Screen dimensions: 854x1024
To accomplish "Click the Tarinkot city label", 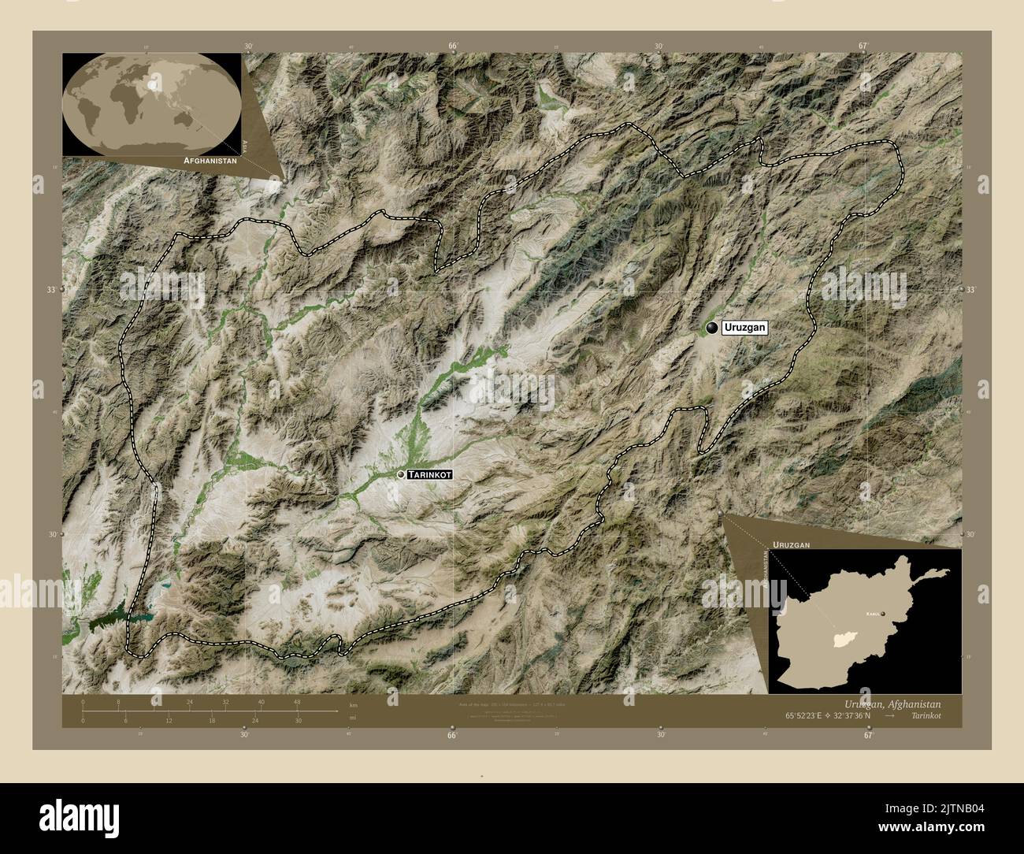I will click(x=430, y=474).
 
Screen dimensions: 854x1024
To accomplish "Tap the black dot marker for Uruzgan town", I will click(x=712, y=329).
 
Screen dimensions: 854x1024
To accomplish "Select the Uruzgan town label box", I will click(x=744, y=329).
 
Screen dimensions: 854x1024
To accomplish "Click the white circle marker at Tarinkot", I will click(x=402, y=474).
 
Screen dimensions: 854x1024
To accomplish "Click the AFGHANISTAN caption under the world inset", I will click(x=210, y=160).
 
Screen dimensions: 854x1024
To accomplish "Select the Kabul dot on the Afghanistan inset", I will click(x=883, y=614).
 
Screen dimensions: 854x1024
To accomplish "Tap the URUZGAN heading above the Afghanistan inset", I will click(x=791, y=544).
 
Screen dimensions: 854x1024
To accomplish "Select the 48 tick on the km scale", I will click(x=297, y=702).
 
